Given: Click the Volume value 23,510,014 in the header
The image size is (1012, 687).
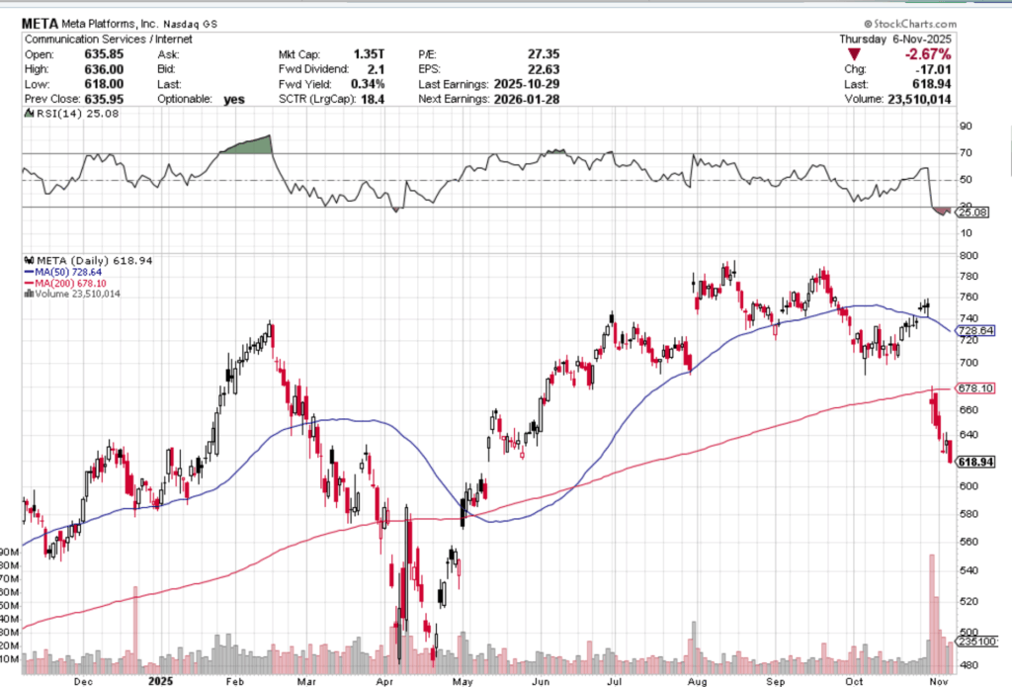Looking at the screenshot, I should (x=921, y=99).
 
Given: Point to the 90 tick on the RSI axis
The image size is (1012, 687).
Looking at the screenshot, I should (x=966, y=127).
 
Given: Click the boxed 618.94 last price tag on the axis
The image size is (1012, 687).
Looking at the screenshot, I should (x=976, y=462).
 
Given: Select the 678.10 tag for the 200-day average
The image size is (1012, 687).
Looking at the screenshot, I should (x=976, y=388).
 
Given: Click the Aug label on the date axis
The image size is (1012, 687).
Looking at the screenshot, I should (x=698, y=681).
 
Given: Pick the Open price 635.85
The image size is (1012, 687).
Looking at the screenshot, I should (x=108, y=54).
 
